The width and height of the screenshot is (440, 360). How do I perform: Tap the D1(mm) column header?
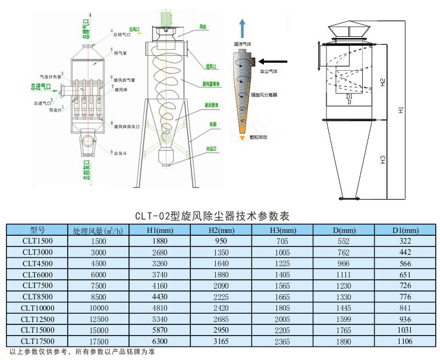pyautogui.click(x=405, y=230)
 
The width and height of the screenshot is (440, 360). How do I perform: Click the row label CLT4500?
pyautogui.click(x=37, y=263)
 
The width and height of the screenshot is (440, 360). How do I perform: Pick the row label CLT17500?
pyautogui.click(x=37, y=342)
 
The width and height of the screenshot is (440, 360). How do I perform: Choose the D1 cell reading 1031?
pyautogui.click(x=405, y=330)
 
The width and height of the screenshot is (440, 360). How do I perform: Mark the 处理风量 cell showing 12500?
pyautogui.click(x=99, y=319)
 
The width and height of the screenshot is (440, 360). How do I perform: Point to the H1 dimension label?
pyautogui.click(x=401, y=110)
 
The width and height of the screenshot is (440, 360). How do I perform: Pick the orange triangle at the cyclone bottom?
pyautogui.click(x=242, y=138)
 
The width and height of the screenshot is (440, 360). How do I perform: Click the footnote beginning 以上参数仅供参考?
pyautogui.click(x=80, y=353)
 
